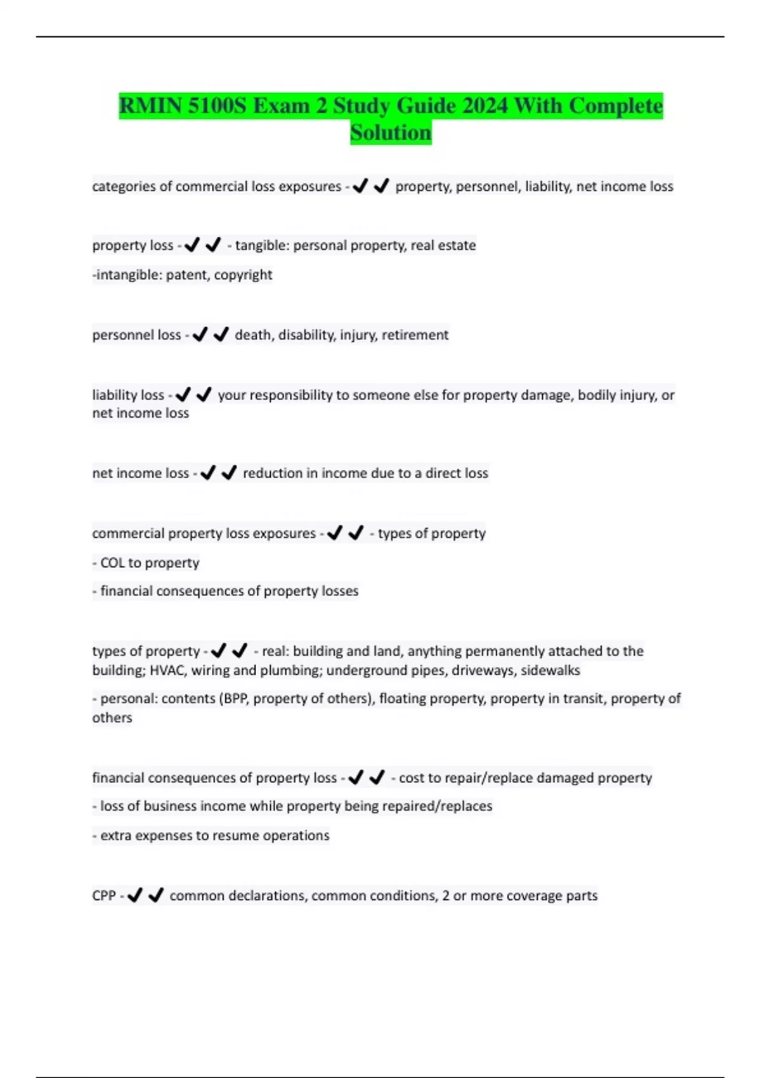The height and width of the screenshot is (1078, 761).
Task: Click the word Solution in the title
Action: pyautogui.click(x=391, y=133)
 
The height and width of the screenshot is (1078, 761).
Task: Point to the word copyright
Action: pyautogui.click(x=244, y=275)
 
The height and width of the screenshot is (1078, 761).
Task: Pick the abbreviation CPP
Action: pyautogui.click(x=104, y=895)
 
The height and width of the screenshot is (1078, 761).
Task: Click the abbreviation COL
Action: pyautogui.click(x=112, y=562)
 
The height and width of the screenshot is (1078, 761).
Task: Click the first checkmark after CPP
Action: pyautogui.click(x=135, y=895)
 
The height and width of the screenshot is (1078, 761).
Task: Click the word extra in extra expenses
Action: pyautogui.click(x=115, y=835)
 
